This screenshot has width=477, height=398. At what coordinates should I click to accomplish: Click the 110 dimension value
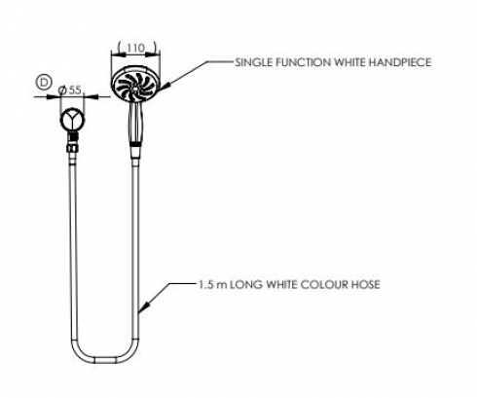(x=135, y=48)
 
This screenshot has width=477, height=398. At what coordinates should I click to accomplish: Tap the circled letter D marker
(x=44, y=83)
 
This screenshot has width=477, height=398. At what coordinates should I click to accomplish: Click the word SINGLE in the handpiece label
(x=254, y=62)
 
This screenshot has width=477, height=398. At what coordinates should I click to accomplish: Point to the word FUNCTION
(x=304, y=62)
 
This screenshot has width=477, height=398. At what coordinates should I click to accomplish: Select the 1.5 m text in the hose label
(x=213, y=285)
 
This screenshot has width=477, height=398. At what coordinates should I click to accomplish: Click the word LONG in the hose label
(x=246, y=285)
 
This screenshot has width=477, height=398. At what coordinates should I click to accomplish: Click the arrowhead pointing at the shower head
(x=165, y=87)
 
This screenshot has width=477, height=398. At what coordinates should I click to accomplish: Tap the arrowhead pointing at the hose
(x=145, y=307)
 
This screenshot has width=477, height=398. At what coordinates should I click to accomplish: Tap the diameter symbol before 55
(x=62, y=90)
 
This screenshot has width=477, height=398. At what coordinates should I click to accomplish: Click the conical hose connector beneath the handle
(x=135, y=152)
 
